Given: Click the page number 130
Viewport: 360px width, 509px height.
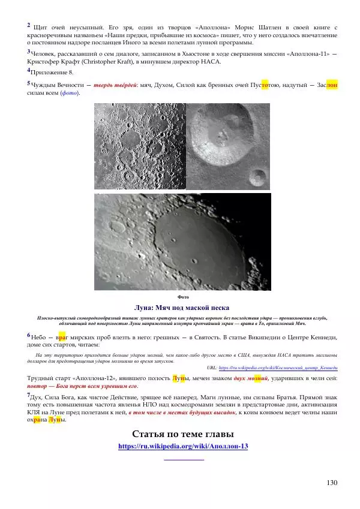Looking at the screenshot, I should point(331,483).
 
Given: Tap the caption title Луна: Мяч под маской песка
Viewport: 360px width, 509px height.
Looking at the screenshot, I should point(182,308).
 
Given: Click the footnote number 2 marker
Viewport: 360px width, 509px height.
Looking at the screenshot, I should point(29,25).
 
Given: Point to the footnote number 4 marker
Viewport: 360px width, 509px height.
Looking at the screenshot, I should point(29,71).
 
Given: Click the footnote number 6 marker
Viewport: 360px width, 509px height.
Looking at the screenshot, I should point(29,335).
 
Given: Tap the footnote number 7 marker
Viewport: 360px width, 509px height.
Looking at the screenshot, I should point(29,396).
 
